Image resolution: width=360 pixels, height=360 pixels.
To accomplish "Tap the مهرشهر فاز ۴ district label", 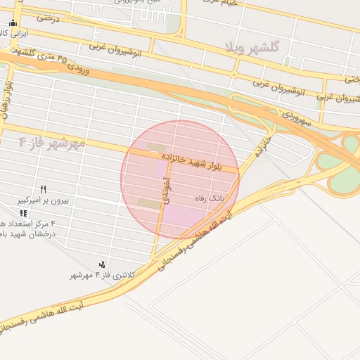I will [53, 143].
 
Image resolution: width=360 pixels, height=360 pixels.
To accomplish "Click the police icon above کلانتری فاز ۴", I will [103, 264].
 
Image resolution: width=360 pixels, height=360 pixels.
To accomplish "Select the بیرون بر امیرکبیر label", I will [43, 200].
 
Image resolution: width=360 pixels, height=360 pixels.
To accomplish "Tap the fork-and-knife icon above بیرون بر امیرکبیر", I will [43, 189].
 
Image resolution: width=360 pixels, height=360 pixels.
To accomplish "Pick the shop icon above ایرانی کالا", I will [13, 22].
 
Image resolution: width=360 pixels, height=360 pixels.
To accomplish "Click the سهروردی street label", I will [295, 116].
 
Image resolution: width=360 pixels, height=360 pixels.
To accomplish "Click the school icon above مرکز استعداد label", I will [24, 213].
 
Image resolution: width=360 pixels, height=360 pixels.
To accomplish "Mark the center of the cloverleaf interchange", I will [350, 146].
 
